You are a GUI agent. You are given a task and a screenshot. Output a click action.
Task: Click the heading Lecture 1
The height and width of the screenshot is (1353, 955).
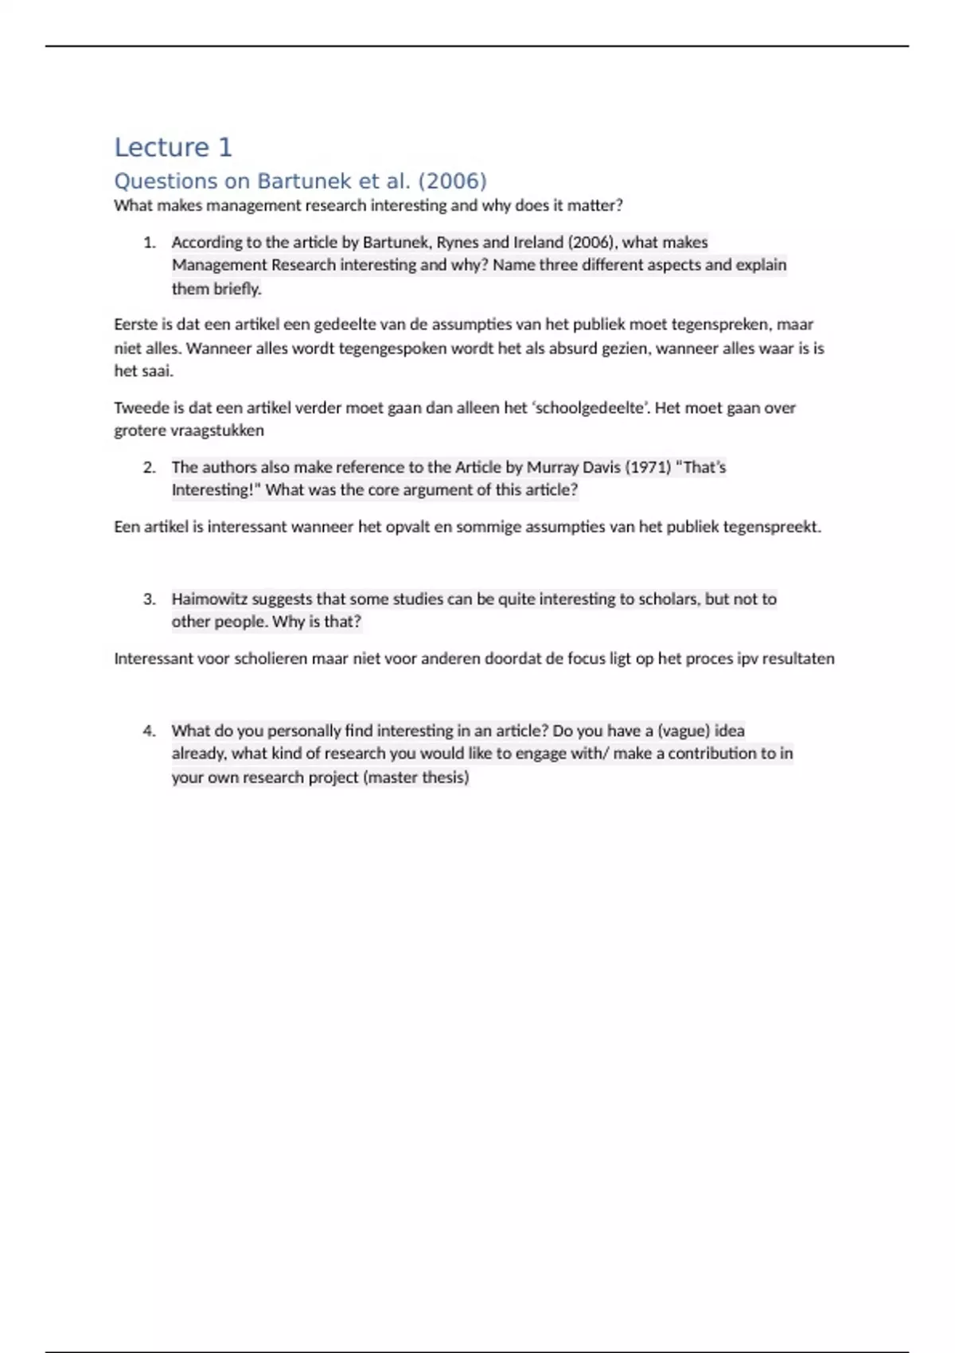[x=173, y=147]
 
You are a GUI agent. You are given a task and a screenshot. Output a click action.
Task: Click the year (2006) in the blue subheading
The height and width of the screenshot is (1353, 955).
[x=452, y=181]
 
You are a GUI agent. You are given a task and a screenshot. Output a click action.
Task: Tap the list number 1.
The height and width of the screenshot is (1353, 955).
[x=150, y=243]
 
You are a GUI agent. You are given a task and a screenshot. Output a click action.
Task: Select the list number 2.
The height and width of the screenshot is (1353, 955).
[x=150, y=467]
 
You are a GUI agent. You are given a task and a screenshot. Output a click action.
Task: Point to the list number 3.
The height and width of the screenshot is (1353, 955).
[x=150, y=599]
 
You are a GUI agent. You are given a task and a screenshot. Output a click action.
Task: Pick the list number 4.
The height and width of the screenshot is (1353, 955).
[x=150, y=731]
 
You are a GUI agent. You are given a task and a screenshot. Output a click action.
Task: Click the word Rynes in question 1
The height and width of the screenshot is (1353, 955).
[x=458, y=243]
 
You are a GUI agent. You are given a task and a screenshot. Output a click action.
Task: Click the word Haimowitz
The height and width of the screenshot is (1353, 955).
[x=209, y=599]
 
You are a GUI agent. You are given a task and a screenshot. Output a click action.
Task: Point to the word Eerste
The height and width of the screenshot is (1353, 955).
[x=136, y=325]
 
